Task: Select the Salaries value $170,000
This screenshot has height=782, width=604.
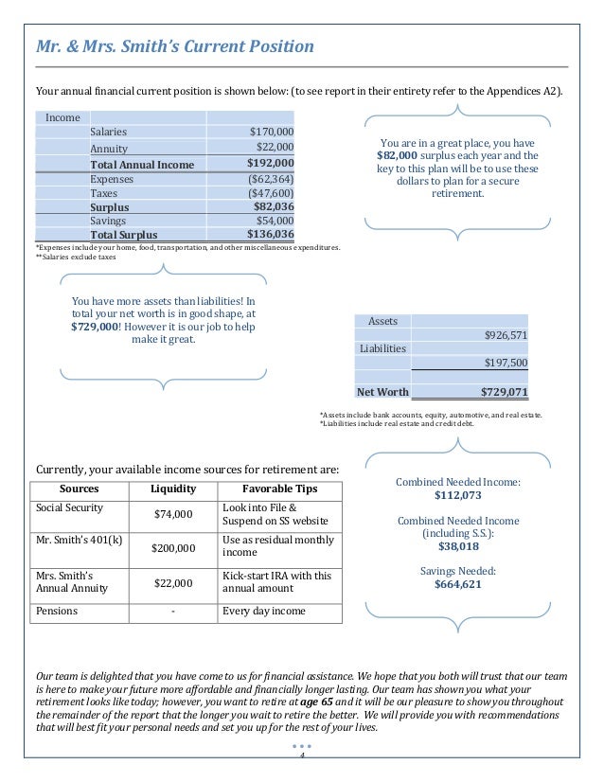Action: pyautogui.click(x=271, y=133)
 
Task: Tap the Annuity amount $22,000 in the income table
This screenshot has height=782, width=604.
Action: pyautogui.click(x=275, y=148)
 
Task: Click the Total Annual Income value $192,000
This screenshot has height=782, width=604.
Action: pyautogui.click(x=270, y=164)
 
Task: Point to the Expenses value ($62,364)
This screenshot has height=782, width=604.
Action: pyautogui.click(x=270, y=178)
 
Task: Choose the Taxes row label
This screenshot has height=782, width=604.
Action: pyautogui.click(x=103, y=192)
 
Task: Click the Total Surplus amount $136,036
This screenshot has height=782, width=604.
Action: pyautogui.click(x=270, y=235)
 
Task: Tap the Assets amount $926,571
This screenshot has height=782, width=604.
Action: pyautogui.click(x=506, y=335)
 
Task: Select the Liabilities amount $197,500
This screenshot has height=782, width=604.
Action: pyautogui.click(x=506, y=363)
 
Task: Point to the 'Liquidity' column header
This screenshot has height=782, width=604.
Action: pyautogui.click(x=172, y=489)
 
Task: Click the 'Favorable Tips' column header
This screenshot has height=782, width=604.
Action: pyautogui.click(x=279, y=489)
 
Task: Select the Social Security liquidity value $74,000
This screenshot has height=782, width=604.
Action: pyautogui.click(x=172, y=515)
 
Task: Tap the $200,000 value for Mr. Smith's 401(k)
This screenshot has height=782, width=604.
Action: pyautogui.click(x=172, y=548)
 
